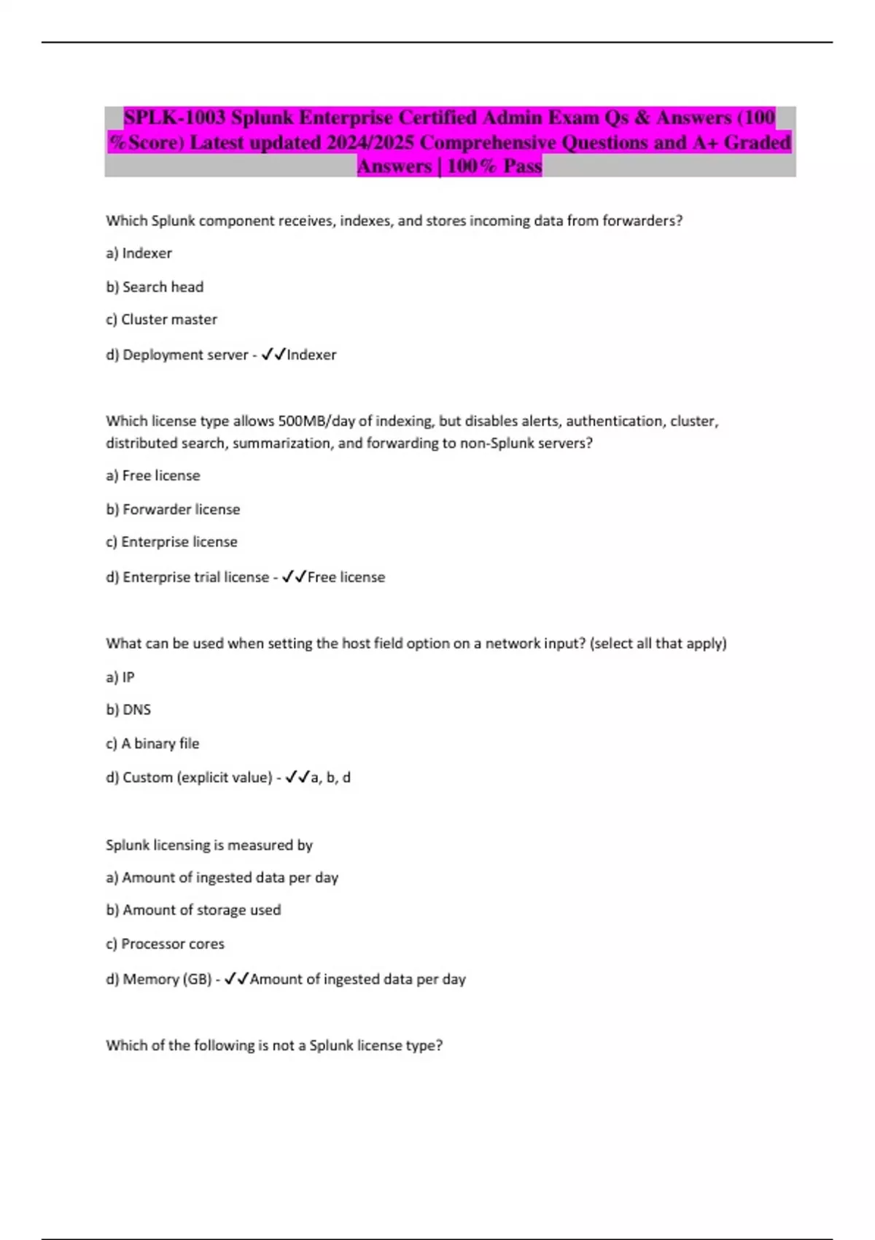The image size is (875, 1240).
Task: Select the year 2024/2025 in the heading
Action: point(370,142)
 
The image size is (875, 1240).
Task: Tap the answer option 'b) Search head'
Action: point(155,287)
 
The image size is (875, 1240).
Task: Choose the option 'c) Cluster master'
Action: point(161,319)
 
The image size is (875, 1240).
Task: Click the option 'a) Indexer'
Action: point(139,253)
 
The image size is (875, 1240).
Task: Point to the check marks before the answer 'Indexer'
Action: point(273,354)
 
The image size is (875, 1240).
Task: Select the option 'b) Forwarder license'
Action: point(173,509)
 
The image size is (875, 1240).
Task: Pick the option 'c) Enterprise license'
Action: point(171,542)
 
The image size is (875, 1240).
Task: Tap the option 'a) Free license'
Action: point(153,476)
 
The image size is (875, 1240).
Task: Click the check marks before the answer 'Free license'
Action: point(294,577)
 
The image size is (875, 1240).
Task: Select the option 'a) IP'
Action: point(120,677)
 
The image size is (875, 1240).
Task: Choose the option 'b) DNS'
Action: point(128,710)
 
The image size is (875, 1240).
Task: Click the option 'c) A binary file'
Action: point(152,743)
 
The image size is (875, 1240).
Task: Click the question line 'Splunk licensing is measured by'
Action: point(209,845)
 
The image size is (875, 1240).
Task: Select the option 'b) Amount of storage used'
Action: point(193,910)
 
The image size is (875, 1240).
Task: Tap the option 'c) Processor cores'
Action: point(165,944)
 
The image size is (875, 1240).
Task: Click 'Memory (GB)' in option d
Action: point(167,979)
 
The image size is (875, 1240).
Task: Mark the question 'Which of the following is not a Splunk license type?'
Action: point(274,1045)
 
